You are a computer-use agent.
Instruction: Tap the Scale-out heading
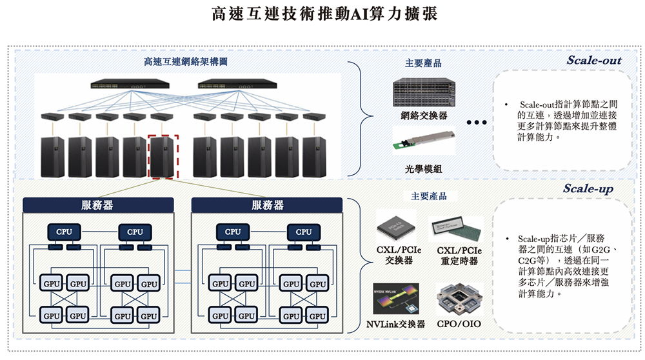(x=593, y=61)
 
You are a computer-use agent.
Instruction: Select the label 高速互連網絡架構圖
(x=185, y=63)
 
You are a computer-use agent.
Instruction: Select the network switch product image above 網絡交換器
(x=424, y=93)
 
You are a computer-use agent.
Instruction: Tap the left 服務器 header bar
(x=98, y=205)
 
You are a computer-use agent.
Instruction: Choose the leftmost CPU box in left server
(x=64, y=232)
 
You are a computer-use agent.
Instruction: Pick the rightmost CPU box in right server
(x=303, y=232)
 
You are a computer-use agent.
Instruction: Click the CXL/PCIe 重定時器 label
(x=459, y=255)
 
